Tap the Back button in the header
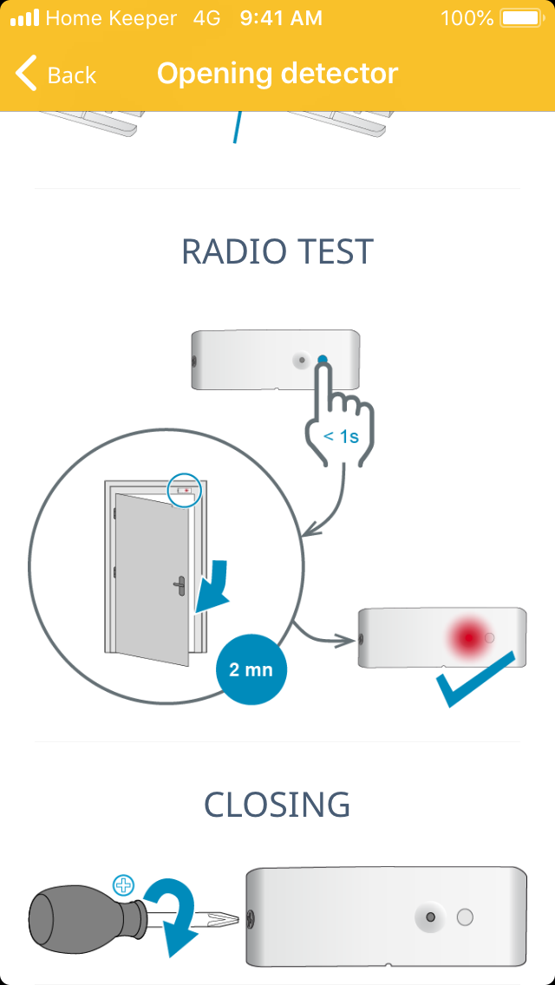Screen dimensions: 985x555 55,75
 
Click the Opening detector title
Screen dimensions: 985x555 277,74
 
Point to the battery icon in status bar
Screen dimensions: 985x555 520,18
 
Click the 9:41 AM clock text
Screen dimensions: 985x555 281,18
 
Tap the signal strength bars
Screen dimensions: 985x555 24,18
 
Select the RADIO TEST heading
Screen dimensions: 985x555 277,251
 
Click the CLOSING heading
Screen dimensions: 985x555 277,805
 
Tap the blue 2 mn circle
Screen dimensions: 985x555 251,670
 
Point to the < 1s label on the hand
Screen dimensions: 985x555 341,436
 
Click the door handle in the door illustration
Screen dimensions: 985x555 179,586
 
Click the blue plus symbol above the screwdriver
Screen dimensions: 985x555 125,885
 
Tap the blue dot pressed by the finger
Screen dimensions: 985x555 323,360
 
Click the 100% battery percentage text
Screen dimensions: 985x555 467,18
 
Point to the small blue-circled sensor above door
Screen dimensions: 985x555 184,490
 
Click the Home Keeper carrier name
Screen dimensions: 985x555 111,18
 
